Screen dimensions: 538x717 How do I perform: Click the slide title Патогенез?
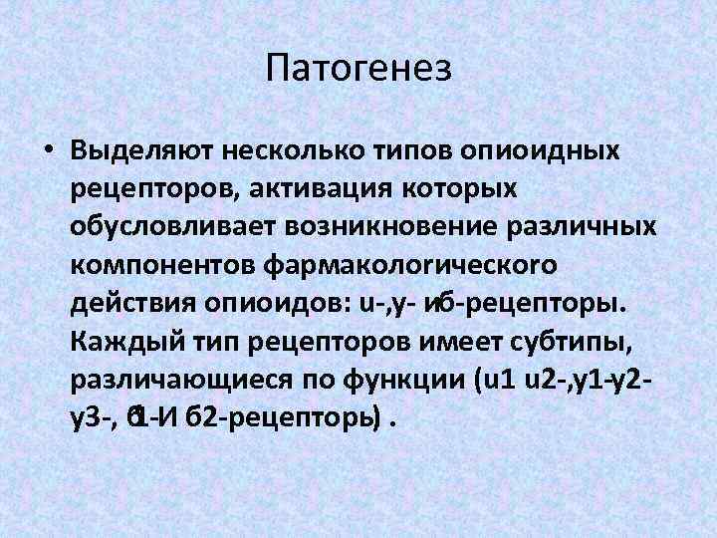click(358, 69)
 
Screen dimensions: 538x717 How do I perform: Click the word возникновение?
click(389, 226)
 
